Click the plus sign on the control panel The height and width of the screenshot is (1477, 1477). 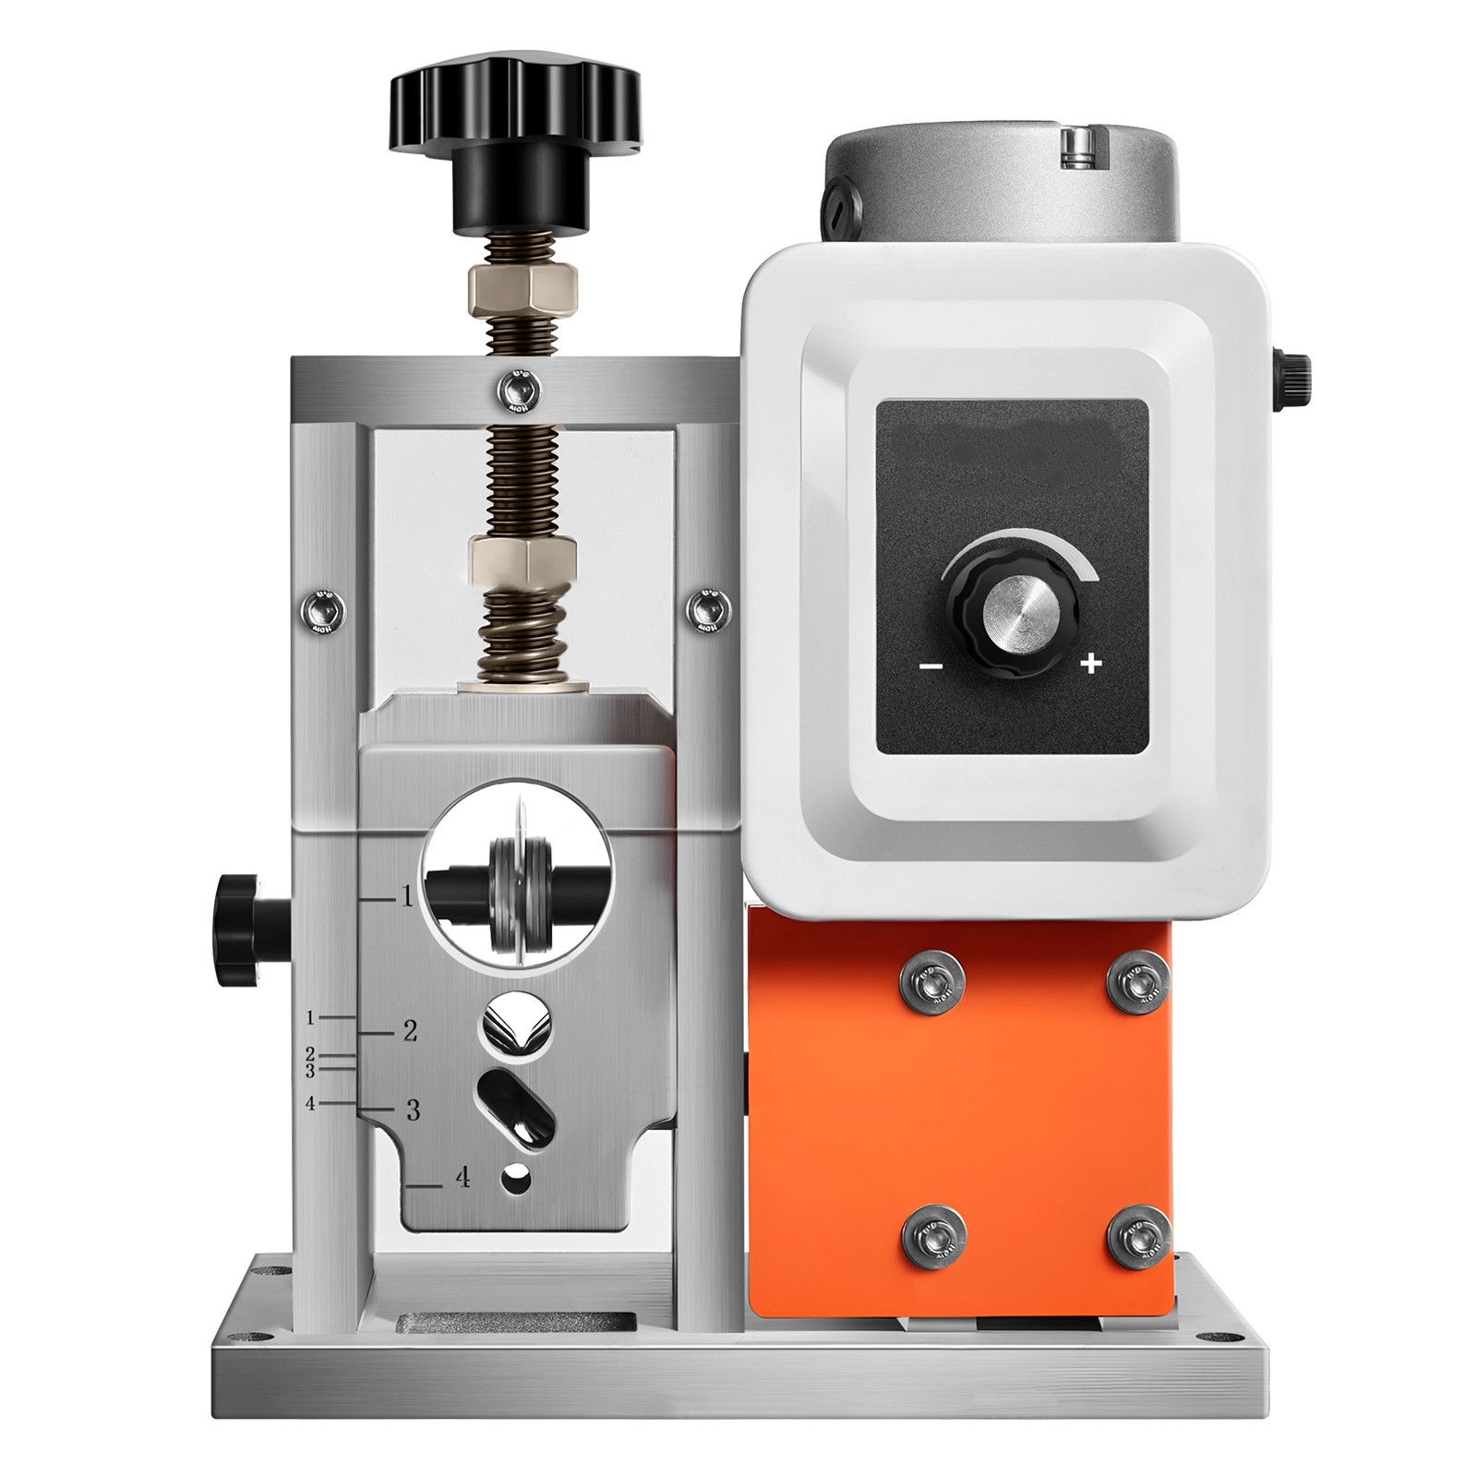point(1092,664)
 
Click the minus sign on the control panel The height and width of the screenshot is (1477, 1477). point(933,665)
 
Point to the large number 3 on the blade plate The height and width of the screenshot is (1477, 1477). point(412,1110)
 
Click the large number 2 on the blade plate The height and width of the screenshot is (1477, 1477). point(411,1030)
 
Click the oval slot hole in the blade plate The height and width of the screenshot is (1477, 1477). point(513,1099)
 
